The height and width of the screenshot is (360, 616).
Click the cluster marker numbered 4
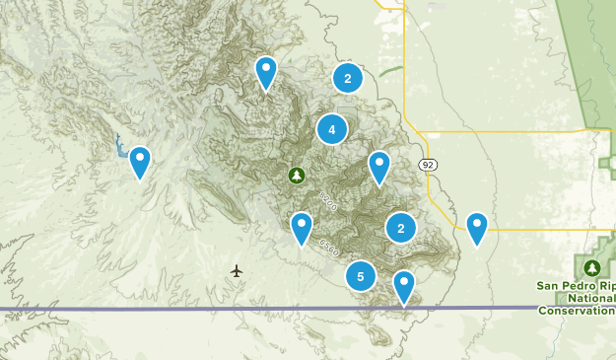332,129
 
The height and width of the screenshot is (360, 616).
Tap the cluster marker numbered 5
361,277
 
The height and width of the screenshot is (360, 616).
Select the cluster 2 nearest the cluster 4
347,78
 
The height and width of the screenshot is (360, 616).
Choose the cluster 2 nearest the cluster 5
401,229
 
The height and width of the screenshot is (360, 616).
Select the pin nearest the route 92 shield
379,168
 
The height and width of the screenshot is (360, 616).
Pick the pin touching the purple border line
404,287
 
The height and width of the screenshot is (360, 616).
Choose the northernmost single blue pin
265,72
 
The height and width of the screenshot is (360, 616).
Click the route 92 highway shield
426,164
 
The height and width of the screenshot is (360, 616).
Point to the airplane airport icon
237,270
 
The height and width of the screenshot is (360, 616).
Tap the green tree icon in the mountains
297,176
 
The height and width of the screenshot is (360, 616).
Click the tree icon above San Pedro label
592,267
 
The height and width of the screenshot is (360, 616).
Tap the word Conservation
578,310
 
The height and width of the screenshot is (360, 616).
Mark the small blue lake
121,148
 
